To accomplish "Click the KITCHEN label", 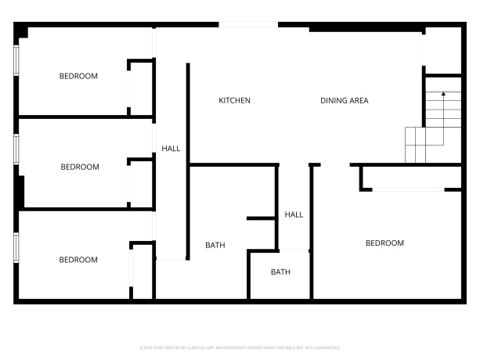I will [x=234, y=101].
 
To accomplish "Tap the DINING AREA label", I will [x=344, y=101].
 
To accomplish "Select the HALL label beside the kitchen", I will [x=171, y=148].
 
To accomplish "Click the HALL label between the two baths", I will [x=294, y=214].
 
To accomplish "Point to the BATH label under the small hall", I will [x=280, y=272].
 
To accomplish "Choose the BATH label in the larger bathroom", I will [x=215, y=245].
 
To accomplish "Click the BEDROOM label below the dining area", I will [x=384, y=243].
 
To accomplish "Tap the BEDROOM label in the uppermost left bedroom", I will [x=78, y=76].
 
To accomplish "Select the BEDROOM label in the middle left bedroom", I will [x=80, y=167].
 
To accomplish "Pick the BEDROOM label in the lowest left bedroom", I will [x=78, y=260].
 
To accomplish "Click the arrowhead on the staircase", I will [x=443, y=95].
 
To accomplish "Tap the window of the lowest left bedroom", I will [x=17, y=247].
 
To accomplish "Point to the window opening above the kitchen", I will [x=248, y=25].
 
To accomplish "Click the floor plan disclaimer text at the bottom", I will [x=240, y=347].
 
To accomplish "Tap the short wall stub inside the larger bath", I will [x=261, y=218].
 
